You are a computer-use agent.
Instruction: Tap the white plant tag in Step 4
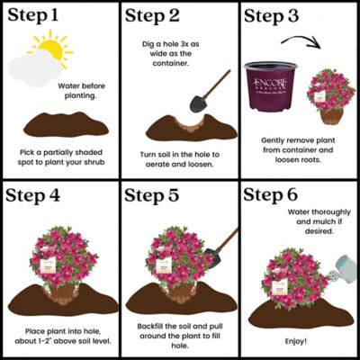[x=61, y=265]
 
